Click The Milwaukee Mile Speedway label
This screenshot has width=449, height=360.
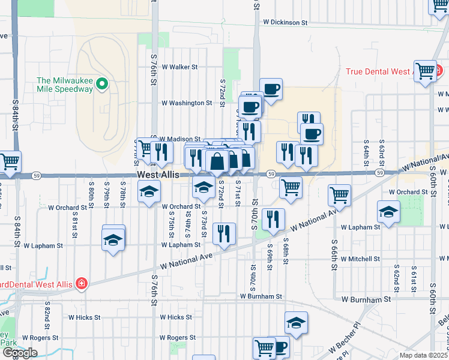pos(65,85)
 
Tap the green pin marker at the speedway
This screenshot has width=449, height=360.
pos(102,85)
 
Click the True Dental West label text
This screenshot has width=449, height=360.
pos(378,71)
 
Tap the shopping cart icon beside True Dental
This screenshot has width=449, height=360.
pos(425,70)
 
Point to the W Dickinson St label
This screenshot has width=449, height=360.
pos(285,22)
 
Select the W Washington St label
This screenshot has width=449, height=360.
pos(186,103)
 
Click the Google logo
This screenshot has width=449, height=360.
pos(20,353)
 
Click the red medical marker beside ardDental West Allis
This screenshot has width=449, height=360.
pos(80,284)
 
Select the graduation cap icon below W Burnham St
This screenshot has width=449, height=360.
pos(296,323)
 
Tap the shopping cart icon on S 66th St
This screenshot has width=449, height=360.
pos(339,194)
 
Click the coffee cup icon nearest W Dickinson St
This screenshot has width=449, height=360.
pos(271,89)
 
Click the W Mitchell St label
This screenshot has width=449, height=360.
pos(360,259)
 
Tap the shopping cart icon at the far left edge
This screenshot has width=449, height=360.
pos(10,161)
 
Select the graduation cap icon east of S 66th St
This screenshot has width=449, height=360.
pos(388,212)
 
